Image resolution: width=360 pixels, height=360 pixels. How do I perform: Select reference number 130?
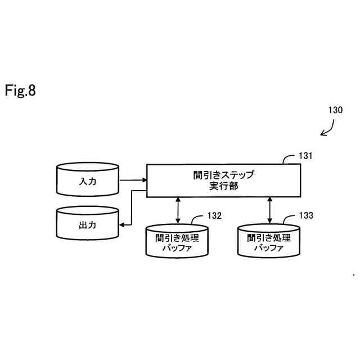point(335,110)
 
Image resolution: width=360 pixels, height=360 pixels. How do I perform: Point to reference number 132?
point(214,215)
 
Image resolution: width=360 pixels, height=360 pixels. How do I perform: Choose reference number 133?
point(306,215)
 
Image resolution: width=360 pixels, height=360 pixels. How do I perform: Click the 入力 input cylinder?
point(88,181)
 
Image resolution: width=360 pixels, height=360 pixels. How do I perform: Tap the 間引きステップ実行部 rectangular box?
point(223,180)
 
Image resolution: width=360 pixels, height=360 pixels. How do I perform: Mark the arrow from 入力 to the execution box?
point(133,181)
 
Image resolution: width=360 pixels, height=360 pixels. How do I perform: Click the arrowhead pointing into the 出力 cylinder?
point(121,224)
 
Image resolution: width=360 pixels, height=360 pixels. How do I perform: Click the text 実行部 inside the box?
point(223,186)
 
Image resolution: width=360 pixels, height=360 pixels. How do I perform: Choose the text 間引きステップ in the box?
point(223,174)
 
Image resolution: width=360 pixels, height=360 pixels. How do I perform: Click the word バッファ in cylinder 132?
point(177,247)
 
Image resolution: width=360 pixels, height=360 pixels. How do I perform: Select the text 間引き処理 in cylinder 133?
point(268,237)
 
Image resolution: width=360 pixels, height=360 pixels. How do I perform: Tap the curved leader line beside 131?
point(289,158)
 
